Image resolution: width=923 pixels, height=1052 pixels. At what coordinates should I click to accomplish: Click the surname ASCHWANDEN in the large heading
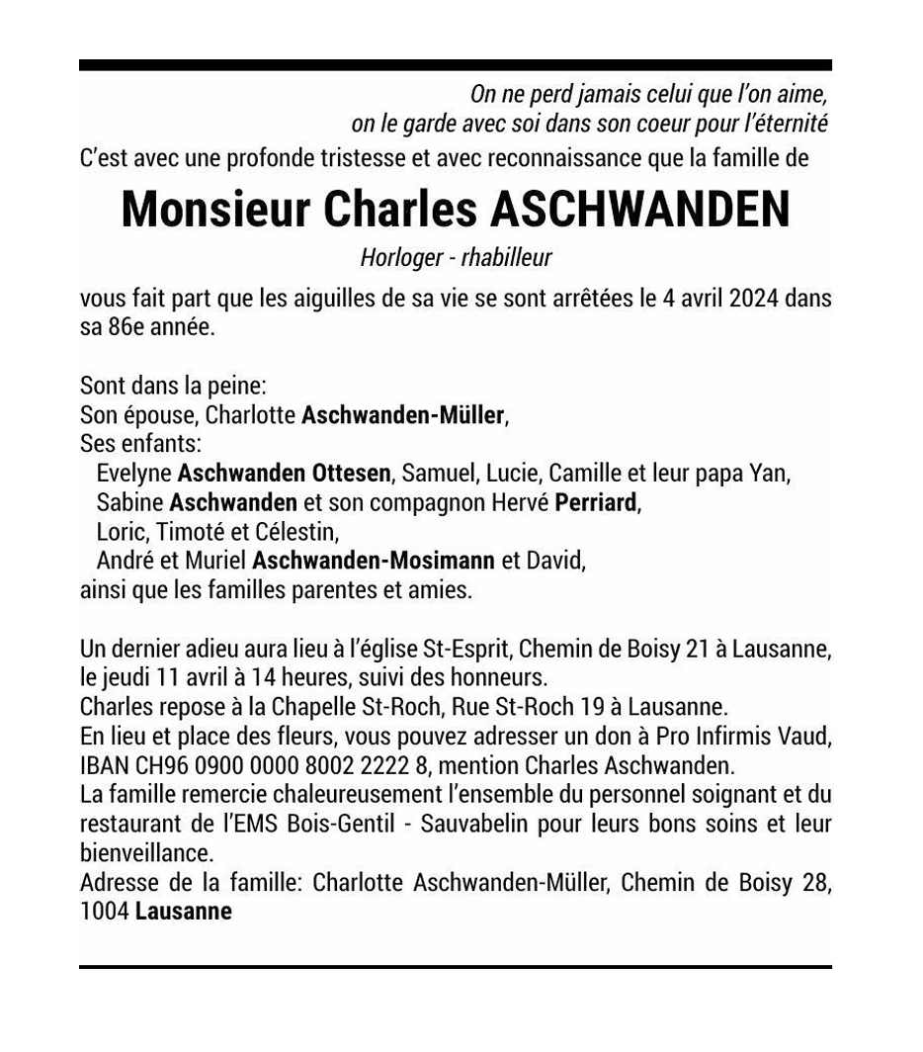[640, 209]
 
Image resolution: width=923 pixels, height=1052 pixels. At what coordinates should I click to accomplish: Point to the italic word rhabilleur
[505, 258]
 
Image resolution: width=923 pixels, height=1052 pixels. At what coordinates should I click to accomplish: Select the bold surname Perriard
[596, 502]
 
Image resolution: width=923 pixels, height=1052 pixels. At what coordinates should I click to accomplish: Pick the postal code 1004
[104, 911]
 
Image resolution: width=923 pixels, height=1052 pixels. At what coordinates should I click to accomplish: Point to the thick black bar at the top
[456, 65]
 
